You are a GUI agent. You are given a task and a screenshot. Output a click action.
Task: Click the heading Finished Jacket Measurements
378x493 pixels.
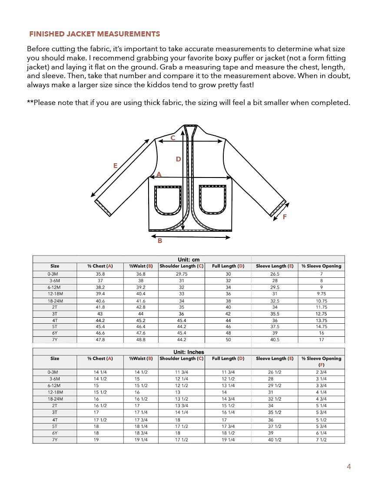pos(94,34)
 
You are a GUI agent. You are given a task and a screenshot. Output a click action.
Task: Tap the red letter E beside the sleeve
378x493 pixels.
pos(115,165)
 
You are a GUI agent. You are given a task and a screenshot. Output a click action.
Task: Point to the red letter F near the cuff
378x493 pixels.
pos(285,217)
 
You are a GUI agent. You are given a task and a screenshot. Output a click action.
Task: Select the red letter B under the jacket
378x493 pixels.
pos(160,240)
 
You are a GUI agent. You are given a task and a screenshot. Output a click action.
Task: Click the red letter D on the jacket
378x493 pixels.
pos(178,159)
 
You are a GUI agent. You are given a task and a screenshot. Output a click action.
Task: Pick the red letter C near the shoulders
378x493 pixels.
pos(172,138)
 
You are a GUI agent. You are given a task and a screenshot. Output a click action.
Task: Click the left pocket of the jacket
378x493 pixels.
pos(168,200)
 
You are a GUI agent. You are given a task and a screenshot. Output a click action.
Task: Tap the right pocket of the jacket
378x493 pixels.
pos(212,200)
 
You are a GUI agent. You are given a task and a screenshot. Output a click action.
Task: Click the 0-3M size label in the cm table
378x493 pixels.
pos(55,274)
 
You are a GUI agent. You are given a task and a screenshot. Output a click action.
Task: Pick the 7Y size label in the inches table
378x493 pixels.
pos(55,440)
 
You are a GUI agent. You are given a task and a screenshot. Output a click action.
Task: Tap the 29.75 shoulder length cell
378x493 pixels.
pos(181,274)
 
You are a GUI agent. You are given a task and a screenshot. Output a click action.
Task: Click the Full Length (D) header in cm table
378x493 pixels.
pos(228,266)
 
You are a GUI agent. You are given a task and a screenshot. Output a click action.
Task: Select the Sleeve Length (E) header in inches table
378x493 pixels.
pos(275,358)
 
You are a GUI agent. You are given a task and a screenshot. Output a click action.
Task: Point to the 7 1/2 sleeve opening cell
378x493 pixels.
pos(322,440)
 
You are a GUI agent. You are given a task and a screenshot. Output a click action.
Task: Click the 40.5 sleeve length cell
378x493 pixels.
pos(275,340)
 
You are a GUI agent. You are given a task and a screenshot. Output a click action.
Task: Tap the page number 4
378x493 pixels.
pos(349,467)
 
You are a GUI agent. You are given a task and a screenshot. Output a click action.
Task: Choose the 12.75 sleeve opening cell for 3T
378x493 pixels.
pos(322,314)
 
